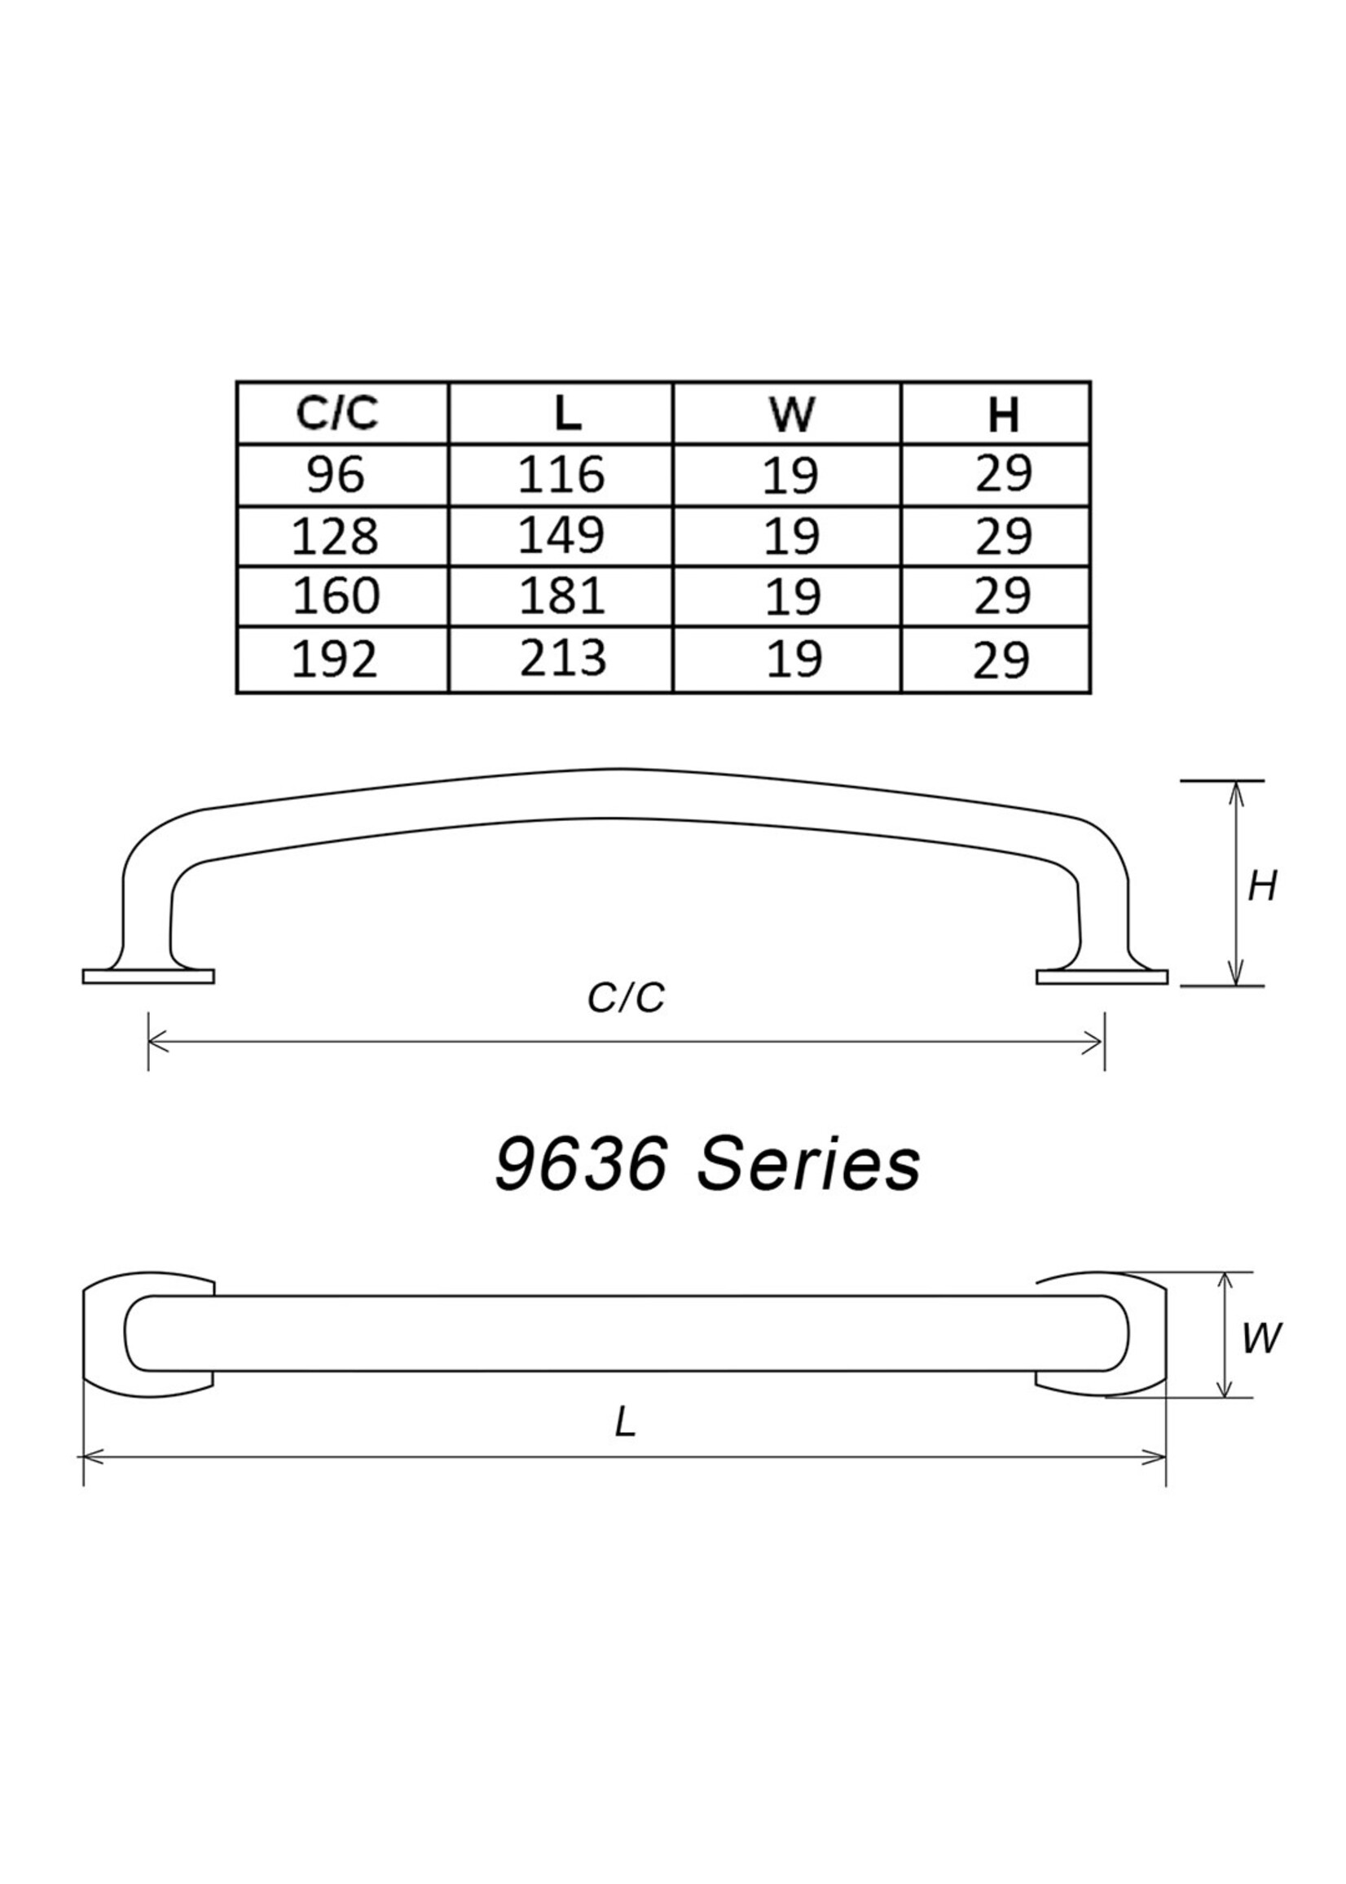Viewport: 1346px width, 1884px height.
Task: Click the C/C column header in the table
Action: click(338, 413)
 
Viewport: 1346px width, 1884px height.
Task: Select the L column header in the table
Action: click(567, 413)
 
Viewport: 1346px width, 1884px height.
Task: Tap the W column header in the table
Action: click(791, 414)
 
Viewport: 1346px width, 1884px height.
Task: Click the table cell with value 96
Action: click(336, 476)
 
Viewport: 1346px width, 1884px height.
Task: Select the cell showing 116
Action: click(561, 476)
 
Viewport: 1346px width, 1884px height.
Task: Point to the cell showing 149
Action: click(561, 536)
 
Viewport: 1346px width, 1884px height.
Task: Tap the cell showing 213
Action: click(563, 659)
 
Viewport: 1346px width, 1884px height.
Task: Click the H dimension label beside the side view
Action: click(1262, 887)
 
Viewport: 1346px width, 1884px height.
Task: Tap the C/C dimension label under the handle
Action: click(626, 999)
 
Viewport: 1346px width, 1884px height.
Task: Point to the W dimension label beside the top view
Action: click(1261, 1338)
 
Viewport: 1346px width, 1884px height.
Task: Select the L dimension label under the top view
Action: click(625, 1423)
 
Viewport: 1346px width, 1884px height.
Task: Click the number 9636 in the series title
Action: click(581, 1164)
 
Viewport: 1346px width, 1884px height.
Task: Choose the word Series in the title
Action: click(808, 1164)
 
